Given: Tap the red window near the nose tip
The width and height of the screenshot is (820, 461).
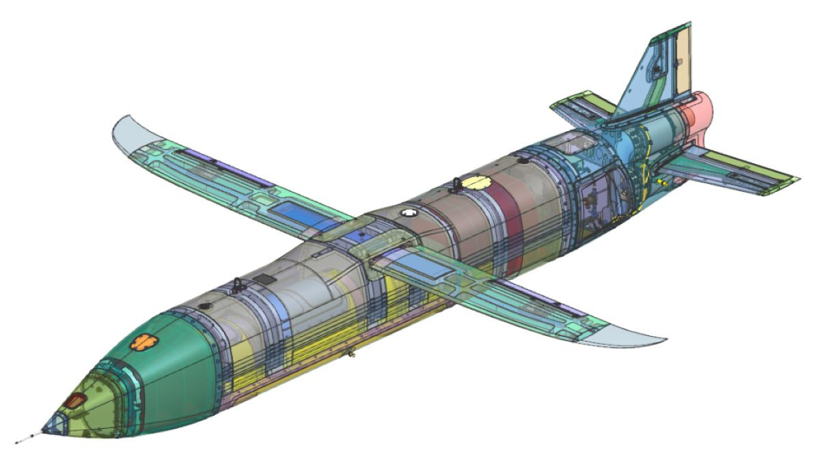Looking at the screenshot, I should [74, 401].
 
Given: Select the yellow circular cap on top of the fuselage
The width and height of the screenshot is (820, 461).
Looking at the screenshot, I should [476, 182].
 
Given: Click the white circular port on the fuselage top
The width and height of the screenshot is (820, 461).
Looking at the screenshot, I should [408, 213].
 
